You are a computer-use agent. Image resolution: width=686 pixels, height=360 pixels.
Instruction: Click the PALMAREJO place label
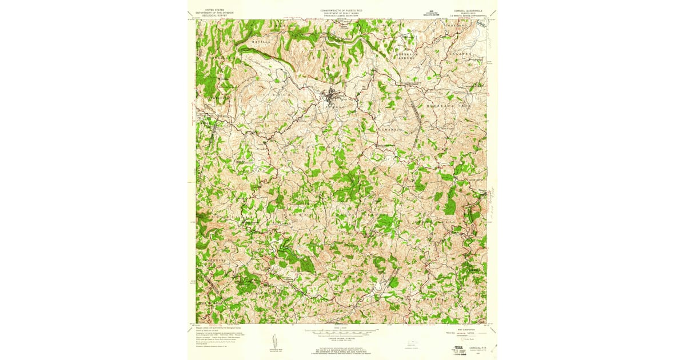(388, 131)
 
